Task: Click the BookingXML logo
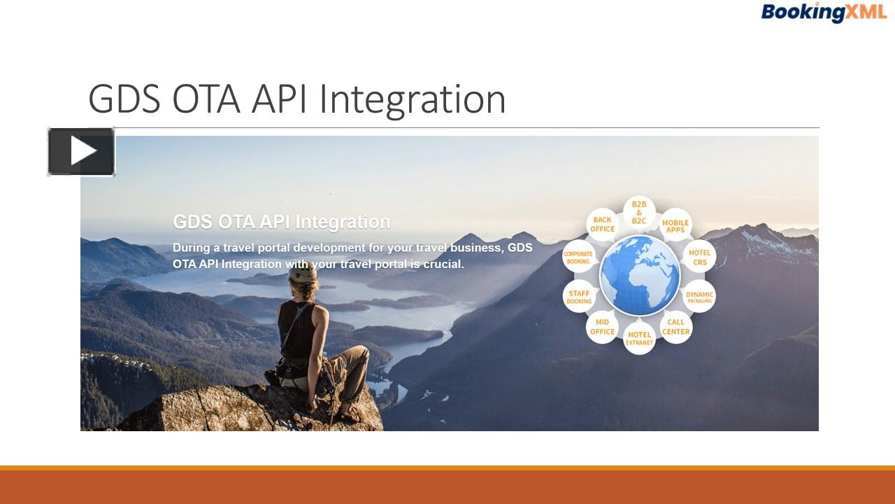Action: coord(823,12)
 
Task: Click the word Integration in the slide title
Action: coord(413,99)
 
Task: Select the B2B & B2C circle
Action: coord(639,212)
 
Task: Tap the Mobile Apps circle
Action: coord(675,226)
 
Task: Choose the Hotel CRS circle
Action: coord(699,258)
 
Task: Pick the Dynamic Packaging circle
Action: coord(699,297)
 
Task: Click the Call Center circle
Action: coord(675,327)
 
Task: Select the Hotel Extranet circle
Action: coord(639,338)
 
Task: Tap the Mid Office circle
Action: coord(602,327)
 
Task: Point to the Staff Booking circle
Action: coord(579,297)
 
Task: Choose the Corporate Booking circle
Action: coord(578,258)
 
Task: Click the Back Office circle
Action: coord(602,225)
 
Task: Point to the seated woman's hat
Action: coord(303,272)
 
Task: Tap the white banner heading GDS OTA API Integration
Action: coord(281,222)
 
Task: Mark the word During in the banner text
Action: coord(190,248)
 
